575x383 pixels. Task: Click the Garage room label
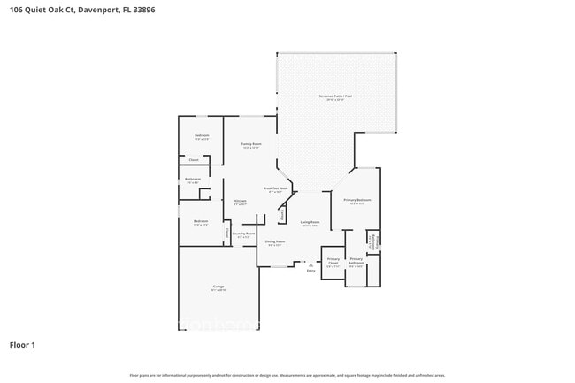[x=218, y=287]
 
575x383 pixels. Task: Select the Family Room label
[x=251, y=143]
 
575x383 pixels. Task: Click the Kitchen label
[x=240, y=201]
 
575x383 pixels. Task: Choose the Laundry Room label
[x=244, y=234]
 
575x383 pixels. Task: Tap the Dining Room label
[x=275, y=241]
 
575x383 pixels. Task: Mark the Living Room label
[x=310, y=222]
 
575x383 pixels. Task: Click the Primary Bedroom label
[x=357, y=201]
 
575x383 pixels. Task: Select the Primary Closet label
[x=333, y=260]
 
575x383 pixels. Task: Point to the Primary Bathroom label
[x=356, y=259]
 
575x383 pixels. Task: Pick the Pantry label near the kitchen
[x=283, y=215]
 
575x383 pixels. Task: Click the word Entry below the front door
[x=310, y=270]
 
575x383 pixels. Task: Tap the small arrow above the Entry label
[x=310, y=263]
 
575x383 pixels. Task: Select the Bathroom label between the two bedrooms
[x=193, y=180]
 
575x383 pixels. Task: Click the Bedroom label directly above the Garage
[x=201, y=221]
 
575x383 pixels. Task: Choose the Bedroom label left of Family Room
[x=202, y=135]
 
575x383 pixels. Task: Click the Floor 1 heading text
[x=22, y=344]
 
